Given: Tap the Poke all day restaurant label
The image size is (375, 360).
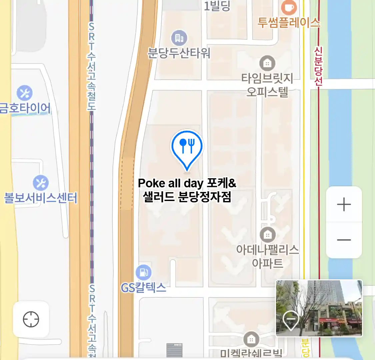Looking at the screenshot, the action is (187, 190).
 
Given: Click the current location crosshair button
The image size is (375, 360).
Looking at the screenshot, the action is (31, 319).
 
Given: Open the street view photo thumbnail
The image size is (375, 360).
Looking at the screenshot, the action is (319, 308).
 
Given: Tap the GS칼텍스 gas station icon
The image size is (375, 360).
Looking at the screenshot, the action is (144, 272).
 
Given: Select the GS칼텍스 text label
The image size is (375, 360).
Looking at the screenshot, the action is (143, 287).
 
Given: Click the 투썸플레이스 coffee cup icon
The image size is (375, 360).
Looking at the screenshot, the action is (289, 7).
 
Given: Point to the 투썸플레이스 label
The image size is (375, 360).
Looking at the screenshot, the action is (289, 23).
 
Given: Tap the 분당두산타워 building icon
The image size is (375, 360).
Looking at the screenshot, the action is (179, 38).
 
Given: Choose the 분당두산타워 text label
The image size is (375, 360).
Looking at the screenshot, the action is (179, 53).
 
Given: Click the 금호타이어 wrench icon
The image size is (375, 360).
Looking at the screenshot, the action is (25, 93).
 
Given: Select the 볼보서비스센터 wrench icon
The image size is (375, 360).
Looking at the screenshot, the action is (41, 183).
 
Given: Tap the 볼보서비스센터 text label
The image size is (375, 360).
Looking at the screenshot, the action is (41, 198).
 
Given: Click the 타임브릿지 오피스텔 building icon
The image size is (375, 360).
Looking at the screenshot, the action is (267, 63).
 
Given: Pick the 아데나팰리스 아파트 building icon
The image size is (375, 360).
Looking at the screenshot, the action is (267, 235).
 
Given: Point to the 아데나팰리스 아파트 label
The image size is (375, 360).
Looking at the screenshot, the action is (267, 256).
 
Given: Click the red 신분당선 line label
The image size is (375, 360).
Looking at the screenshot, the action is (319, 66).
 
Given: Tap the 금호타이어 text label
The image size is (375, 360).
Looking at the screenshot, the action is (25, 108).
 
